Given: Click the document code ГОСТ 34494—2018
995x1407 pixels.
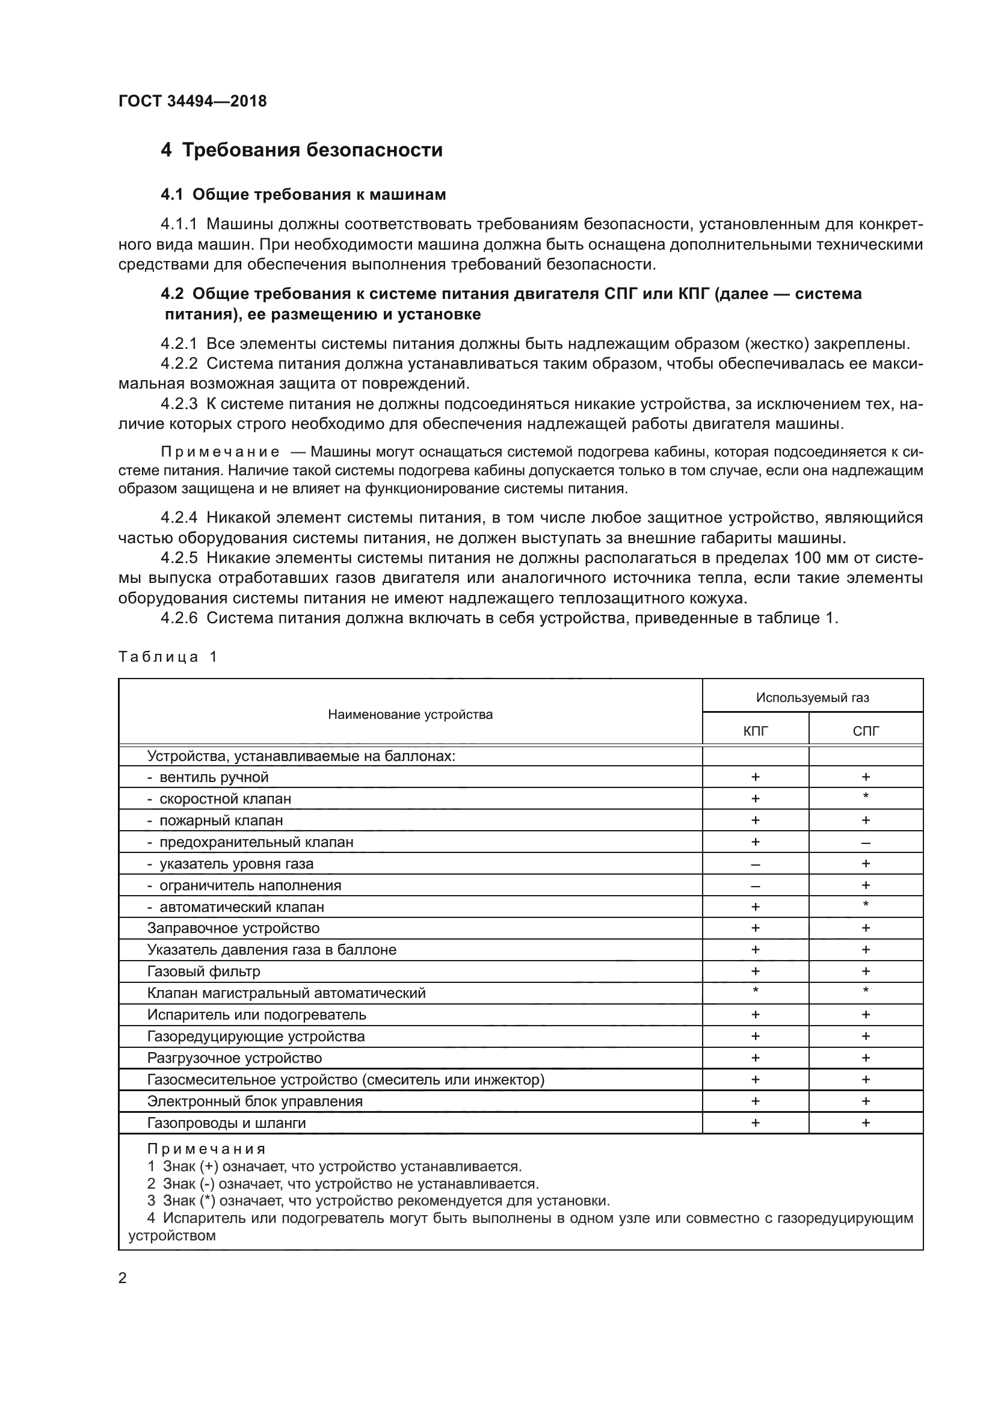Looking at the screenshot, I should coord(193,101).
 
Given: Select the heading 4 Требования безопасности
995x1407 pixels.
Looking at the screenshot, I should coord(301,150).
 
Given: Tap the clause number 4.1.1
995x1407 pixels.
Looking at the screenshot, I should coord(179,224).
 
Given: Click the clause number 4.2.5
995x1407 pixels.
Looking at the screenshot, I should coord(179,558).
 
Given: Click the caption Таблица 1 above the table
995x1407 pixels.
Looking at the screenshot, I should coord(168,657).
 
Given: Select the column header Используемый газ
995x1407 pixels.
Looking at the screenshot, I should coord(812,697).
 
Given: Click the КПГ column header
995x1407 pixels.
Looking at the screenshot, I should coord(755,730).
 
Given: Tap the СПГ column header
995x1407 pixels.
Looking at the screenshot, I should coord(865,730).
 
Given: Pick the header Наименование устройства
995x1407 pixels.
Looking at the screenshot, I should coord(410,715).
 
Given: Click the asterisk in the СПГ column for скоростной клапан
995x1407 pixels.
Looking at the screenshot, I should coord(865,796).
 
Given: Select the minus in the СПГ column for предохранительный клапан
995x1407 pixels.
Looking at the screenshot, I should coord(865,843).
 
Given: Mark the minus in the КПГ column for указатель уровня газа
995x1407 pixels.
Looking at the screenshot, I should coord(755,864).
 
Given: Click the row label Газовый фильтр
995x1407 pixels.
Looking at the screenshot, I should coord(203,971).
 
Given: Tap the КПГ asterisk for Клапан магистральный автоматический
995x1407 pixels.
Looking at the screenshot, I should coord(755,991).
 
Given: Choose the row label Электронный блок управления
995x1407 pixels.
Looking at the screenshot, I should coord(255,1101).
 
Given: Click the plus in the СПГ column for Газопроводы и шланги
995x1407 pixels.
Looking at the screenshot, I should coord(865,1122).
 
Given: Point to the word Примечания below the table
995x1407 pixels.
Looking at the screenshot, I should coord(206,1149).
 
